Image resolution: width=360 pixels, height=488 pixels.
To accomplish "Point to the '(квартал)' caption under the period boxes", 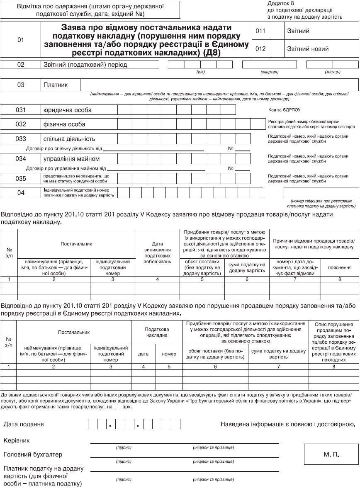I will (269, 72).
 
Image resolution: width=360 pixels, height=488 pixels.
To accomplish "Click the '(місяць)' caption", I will (333, 72).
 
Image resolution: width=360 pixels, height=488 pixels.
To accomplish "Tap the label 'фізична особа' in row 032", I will (64, 124).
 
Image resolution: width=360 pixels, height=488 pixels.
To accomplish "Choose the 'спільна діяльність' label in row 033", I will (69, 138).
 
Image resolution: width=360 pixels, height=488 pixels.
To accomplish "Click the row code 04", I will (21, 193).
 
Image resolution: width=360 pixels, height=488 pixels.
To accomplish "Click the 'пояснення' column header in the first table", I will (341, 268).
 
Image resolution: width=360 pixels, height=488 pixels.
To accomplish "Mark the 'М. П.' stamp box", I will (331, 454).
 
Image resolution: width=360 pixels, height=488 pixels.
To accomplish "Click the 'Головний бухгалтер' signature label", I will (33, 454).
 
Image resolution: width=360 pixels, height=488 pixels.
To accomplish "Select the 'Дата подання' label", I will (24, 424).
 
